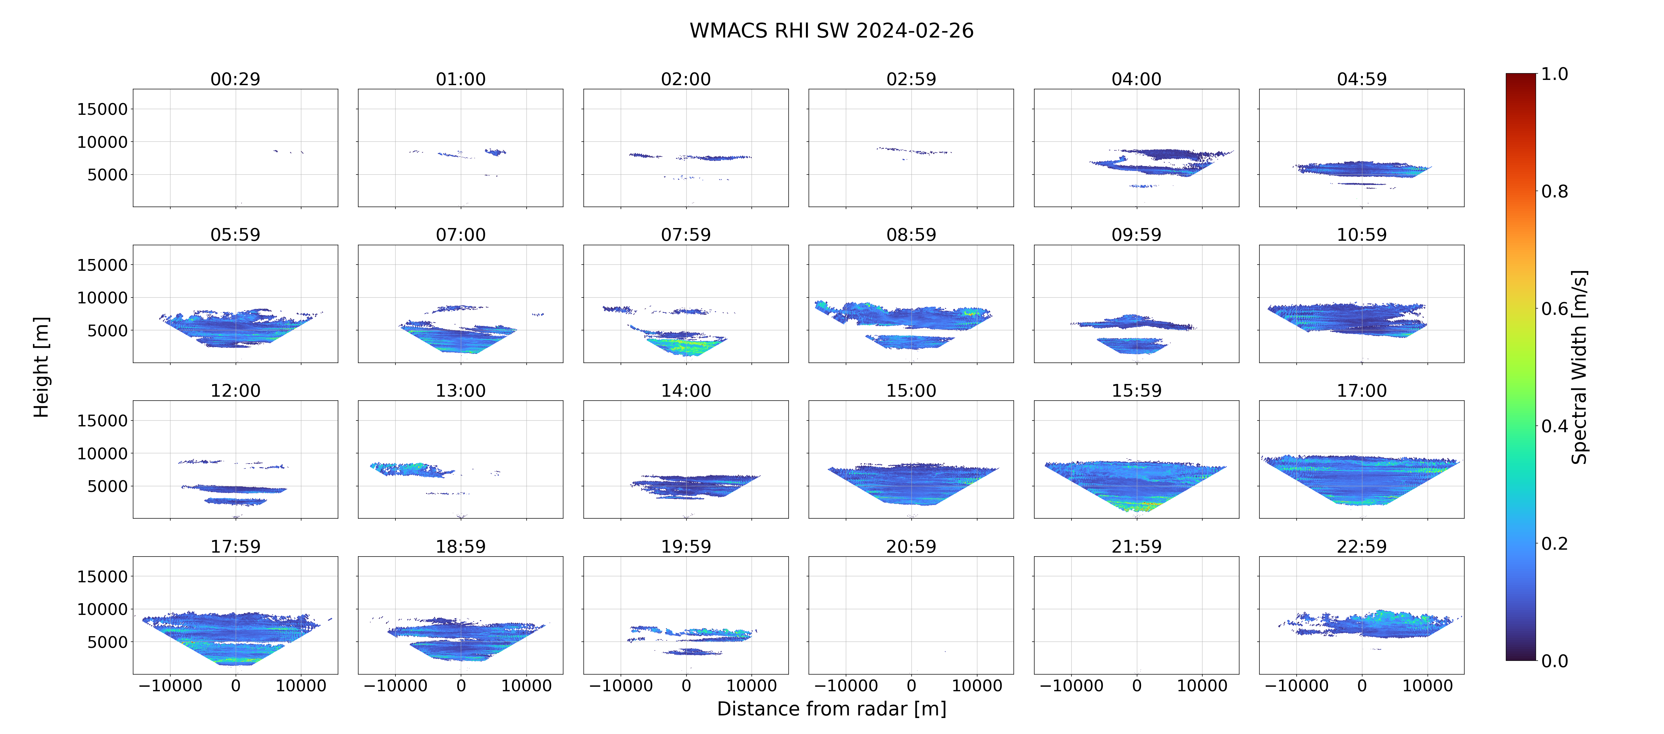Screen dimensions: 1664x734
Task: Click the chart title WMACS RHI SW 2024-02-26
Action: click(831, 30)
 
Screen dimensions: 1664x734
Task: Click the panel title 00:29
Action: click(235, 79)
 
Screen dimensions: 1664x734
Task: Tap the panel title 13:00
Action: click(461, 390)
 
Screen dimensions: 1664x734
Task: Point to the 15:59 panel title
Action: click(1136, 390)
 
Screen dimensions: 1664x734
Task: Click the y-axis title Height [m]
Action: click(41, 367)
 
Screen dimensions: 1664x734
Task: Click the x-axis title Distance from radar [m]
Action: click(831, 709)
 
